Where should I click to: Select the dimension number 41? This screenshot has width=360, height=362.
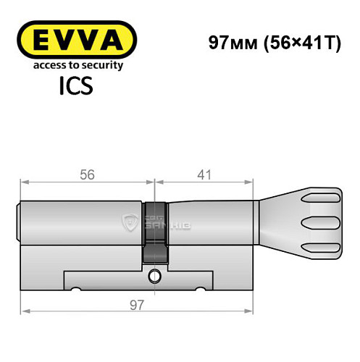204,174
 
